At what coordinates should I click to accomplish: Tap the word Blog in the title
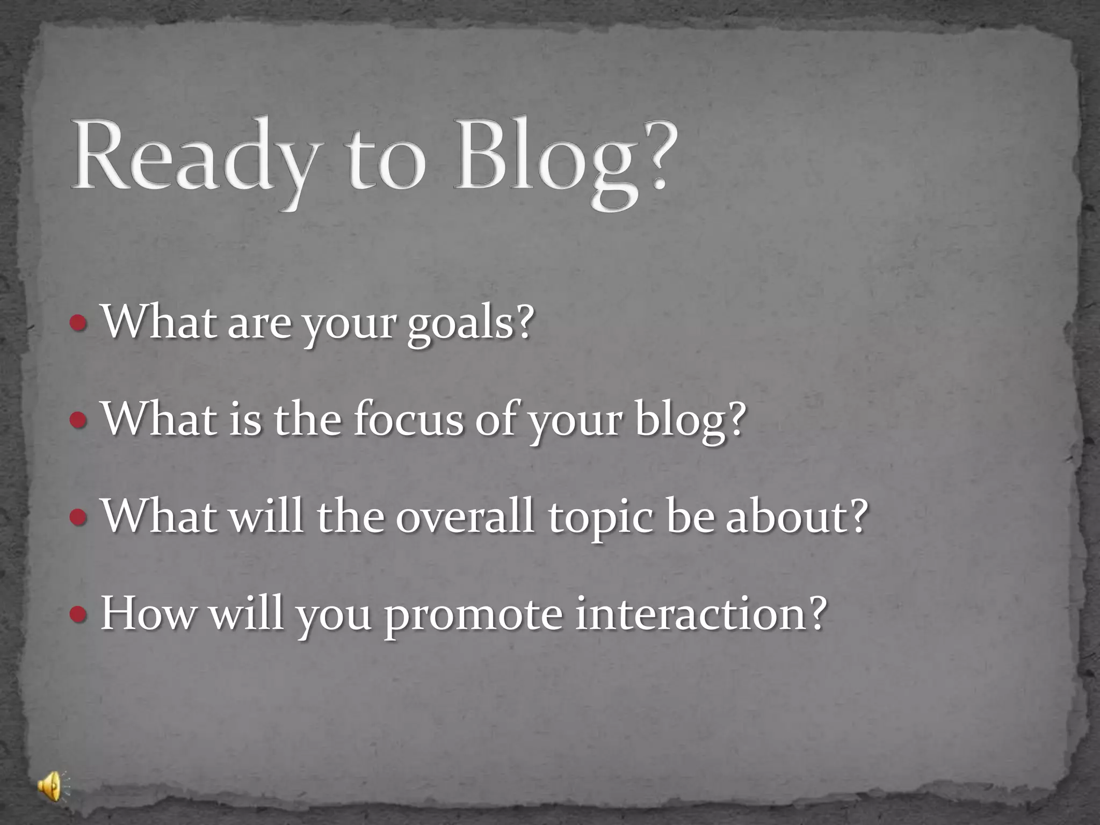tap(545, 158)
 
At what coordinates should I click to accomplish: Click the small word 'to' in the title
tap(386, 161)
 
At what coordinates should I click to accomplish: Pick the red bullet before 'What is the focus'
tap(78, 420)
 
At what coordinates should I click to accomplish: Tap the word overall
tap(465, 516)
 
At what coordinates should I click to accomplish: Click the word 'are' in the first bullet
tap(259, 325)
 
